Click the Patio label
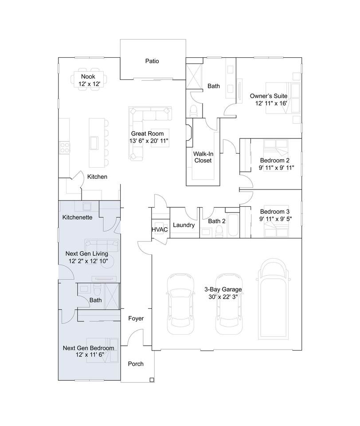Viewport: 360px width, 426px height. click(152, 61)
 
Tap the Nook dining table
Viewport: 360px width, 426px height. click(89, 79)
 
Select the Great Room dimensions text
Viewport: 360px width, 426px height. click(149, 141)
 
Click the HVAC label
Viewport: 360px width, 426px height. click(160, 229)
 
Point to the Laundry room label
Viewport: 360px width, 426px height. click(184, 225)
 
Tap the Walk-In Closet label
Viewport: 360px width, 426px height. click(203, 157)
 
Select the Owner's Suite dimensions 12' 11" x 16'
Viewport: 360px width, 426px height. click(271, 103)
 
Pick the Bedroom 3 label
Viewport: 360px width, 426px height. click(275, 211)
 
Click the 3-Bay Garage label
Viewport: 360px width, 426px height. click(223, 289)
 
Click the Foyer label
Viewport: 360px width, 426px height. click(136, 319)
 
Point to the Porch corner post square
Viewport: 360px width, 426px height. click(152, 380)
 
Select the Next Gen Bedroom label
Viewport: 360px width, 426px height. click(89, 348)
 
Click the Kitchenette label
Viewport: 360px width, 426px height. click(78, 217)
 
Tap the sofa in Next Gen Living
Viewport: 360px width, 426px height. click(102, 246)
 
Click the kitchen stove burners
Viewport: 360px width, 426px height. click(65, 148)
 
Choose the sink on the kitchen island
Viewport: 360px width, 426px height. click(94, 143)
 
